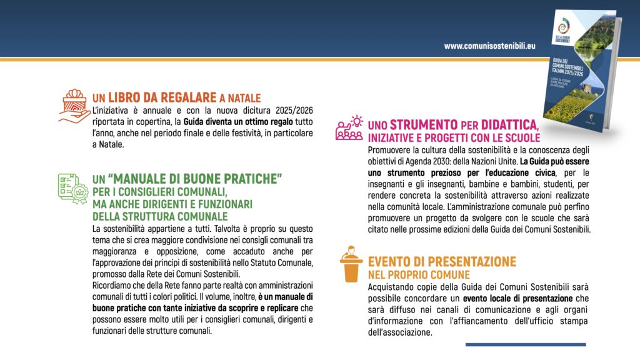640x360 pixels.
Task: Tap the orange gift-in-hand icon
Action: click(74, 104)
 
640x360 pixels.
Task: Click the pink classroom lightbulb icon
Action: click(349, 127)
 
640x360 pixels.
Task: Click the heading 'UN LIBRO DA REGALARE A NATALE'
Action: click(176, 98)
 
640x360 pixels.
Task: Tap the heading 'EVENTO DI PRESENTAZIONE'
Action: click(442, 261)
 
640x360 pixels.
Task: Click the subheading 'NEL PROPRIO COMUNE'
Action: click(419, 274)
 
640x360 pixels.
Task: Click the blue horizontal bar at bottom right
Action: click(526, 344)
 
